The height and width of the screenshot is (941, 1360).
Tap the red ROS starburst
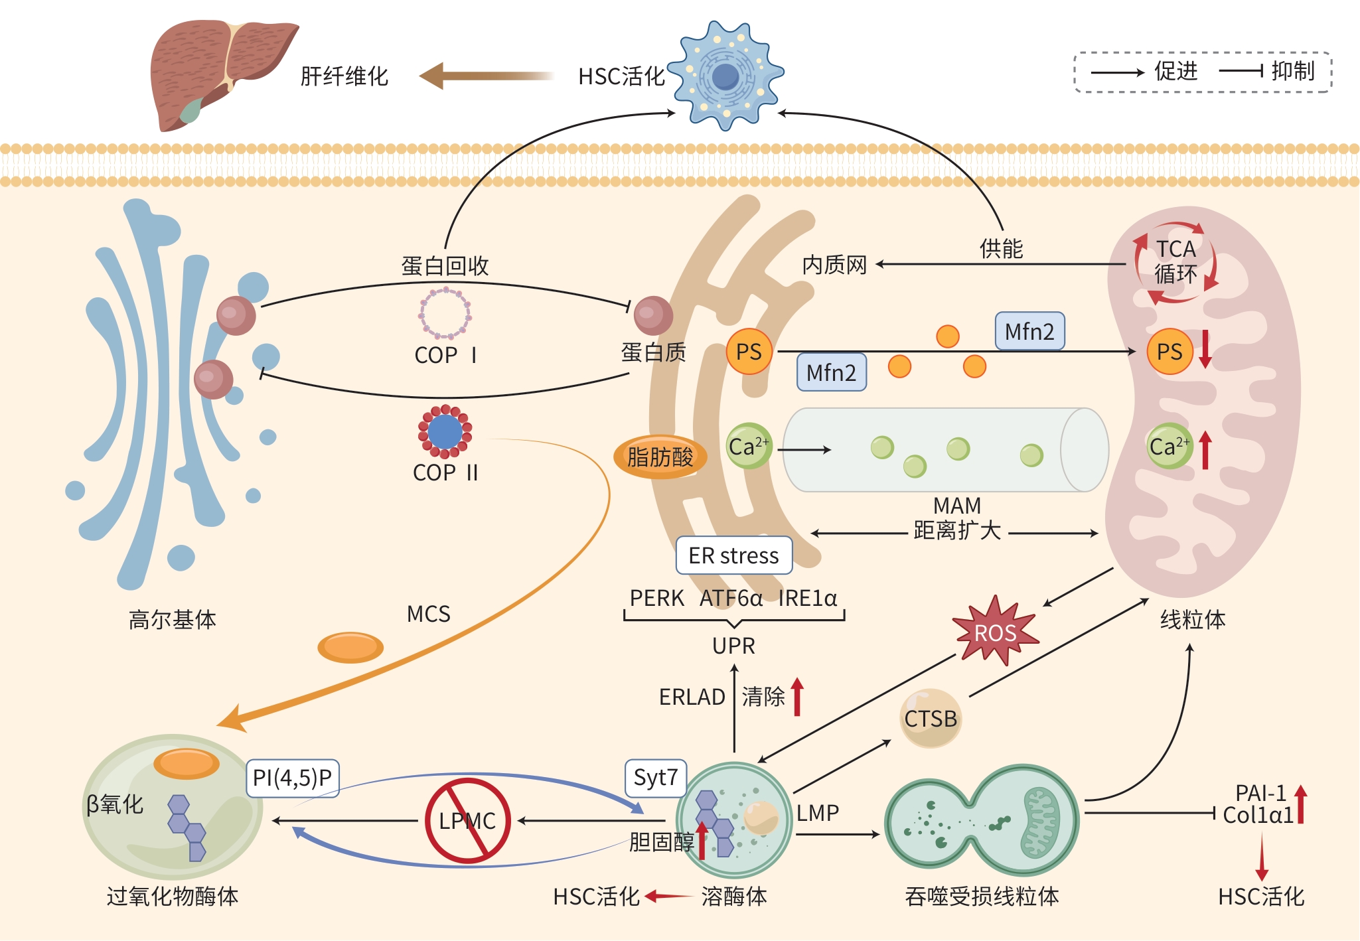point(994,631)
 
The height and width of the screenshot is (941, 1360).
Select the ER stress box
point(733,555)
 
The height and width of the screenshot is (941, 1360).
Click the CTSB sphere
point(931,719)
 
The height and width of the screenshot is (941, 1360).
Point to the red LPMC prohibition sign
point(467,821)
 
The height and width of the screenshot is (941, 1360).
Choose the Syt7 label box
point(655,777)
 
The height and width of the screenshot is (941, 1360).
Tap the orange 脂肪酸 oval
point(660,457)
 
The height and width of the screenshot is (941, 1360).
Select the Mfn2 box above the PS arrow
point(1029,331)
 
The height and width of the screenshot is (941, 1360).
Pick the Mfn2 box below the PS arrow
point(831,372)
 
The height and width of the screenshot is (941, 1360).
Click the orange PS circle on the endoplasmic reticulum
point(749,352)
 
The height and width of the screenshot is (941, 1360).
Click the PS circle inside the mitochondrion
point(1170,352)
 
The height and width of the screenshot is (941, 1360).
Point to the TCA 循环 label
point(1175,261)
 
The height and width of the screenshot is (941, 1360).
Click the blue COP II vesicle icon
point(445,432)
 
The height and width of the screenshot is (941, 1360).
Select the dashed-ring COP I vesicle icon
point(445,313)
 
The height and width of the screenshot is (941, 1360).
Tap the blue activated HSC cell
point(725,76)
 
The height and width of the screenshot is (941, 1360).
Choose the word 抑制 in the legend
point(1292,71)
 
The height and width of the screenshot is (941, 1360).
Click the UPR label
point(733,646)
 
